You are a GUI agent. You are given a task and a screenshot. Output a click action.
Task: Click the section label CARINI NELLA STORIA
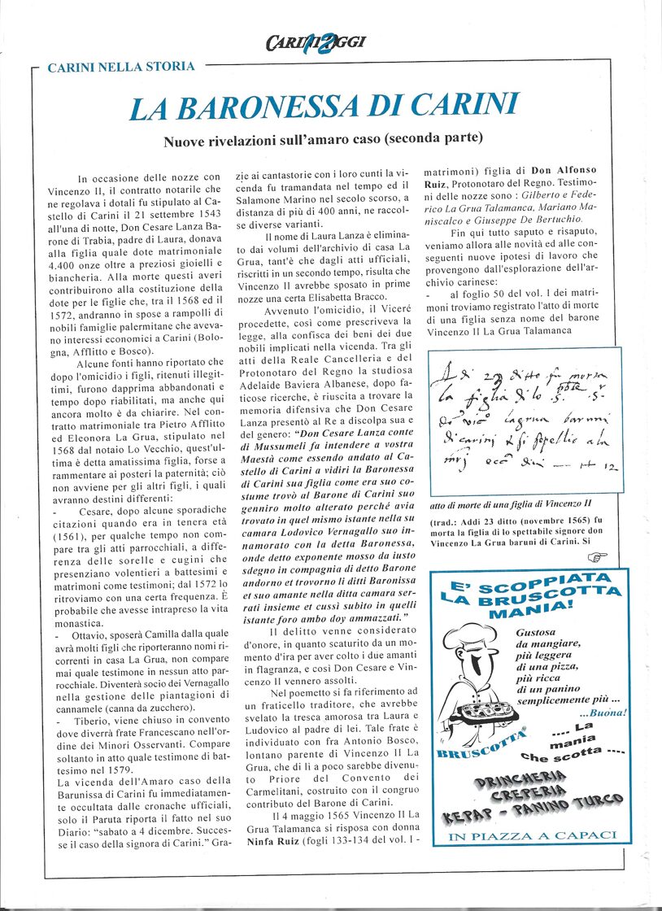(x=121, y=67)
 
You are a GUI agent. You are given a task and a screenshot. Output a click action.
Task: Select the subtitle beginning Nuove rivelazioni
(x=324, y=140)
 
